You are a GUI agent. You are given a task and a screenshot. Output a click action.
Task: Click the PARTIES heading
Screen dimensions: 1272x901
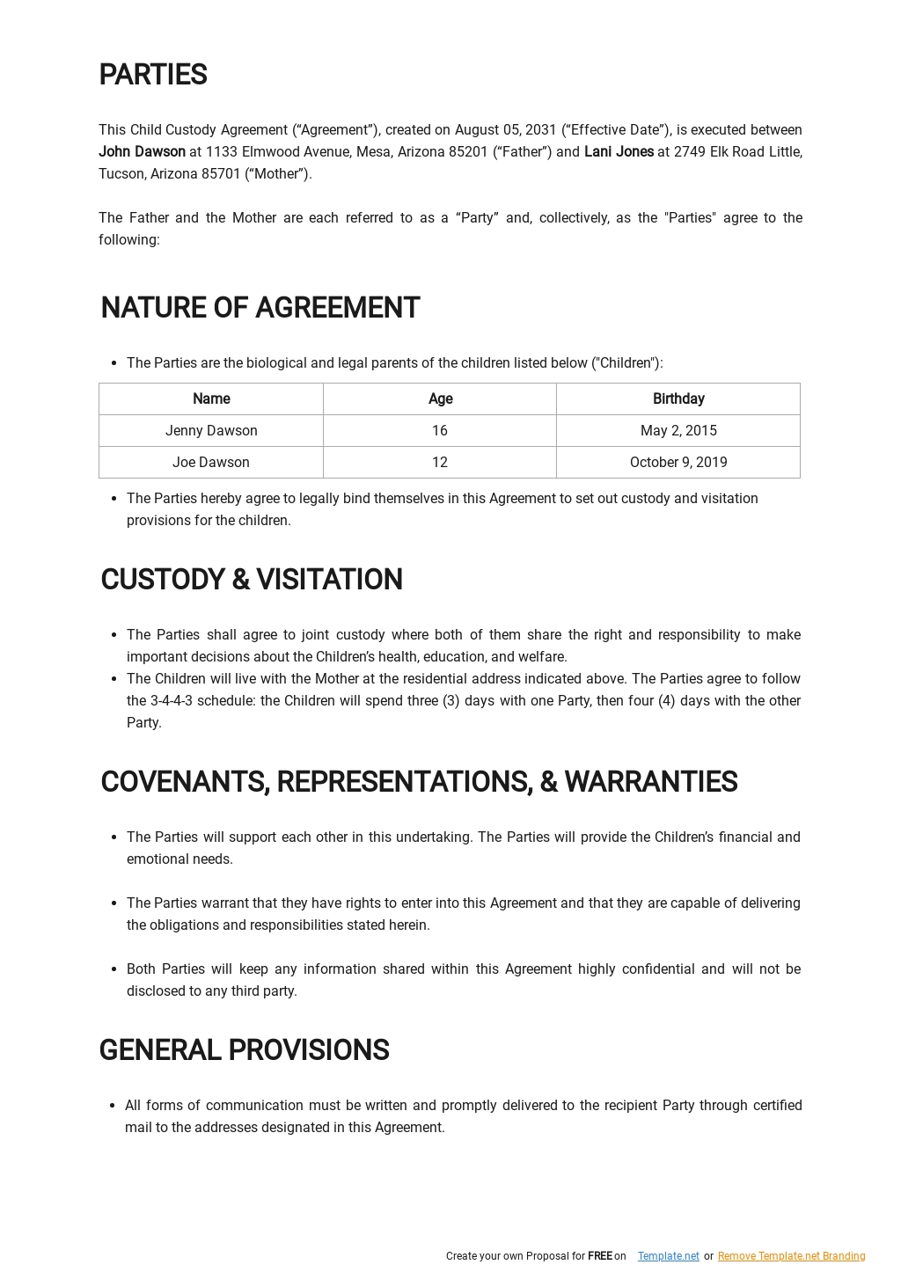tap(153, 76)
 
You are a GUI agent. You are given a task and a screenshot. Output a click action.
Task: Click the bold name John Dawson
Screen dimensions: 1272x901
tap(142, 152)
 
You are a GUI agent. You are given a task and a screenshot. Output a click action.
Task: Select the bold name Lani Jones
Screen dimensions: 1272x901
tap(619, 152)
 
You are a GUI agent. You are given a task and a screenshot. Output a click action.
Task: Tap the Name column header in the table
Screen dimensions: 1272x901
tap(211, 399)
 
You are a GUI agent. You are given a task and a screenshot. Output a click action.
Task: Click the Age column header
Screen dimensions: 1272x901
tap(440, 399)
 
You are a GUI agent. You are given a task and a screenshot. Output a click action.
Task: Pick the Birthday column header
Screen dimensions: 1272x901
tap(678, 399)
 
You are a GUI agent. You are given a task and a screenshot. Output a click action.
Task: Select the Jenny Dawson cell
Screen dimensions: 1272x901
tap(211, 431)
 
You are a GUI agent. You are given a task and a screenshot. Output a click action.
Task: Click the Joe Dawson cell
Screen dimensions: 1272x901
tap(211, 463)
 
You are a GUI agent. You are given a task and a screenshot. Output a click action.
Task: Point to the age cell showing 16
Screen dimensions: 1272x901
tap(440, 431)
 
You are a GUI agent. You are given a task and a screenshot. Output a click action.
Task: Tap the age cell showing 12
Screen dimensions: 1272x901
tap(440, 463)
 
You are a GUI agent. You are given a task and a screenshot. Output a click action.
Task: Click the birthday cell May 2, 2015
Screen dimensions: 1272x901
tap(678, 431)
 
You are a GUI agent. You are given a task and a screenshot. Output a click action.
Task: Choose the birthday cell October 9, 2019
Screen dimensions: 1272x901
tap(678, 463)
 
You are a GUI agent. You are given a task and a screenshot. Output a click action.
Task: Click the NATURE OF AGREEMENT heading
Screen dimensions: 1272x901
tap(260, 309)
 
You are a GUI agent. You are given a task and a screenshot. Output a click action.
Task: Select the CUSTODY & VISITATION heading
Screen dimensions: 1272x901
tap(252, 581)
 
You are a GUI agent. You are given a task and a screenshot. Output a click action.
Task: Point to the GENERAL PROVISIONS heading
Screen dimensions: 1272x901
tap(244, 1050)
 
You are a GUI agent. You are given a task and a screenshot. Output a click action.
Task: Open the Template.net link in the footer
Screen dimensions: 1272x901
tap(669, 1256)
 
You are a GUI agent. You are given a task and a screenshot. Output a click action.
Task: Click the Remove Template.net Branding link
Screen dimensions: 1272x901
tap(791, 1256)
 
